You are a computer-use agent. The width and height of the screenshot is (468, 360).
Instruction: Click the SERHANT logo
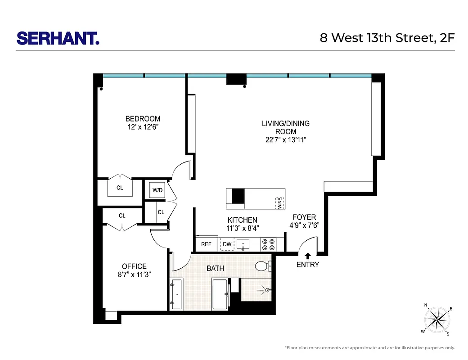point(58,38)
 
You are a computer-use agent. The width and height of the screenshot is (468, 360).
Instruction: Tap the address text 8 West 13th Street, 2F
point(387,38)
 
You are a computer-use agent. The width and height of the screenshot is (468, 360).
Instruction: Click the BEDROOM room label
point(143,119)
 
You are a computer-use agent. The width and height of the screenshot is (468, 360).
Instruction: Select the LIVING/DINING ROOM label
point(286,127)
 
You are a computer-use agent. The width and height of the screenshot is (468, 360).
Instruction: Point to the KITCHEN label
point(242,220)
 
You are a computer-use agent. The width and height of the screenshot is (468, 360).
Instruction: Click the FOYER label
point(305,217)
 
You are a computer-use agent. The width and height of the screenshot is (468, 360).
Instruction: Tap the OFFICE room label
point(134,266)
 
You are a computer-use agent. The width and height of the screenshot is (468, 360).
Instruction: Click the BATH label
point(215,268)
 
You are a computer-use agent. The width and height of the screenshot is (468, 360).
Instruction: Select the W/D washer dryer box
point(157,190)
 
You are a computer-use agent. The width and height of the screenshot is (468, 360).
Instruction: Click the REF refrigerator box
point(206,244)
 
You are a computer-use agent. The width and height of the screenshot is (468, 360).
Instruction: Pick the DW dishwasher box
point(227,244)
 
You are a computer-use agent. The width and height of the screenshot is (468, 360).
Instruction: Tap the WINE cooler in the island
point(279,202)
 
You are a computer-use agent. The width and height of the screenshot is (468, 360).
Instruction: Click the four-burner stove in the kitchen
point(269,244)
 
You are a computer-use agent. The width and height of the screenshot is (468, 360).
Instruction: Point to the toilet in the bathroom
point(263,266)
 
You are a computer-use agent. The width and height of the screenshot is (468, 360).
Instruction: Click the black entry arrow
point(308,256)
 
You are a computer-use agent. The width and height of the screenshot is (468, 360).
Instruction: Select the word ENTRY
point(308,265)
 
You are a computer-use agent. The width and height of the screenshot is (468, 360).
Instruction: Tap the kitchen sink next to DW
point(243,244)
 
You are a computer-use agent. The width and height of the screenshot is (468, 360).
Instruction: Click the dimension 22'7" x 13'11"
point(286,140)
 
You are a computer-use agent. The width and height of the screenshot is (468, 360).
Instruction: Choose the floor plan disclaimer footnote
point(369,348)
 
